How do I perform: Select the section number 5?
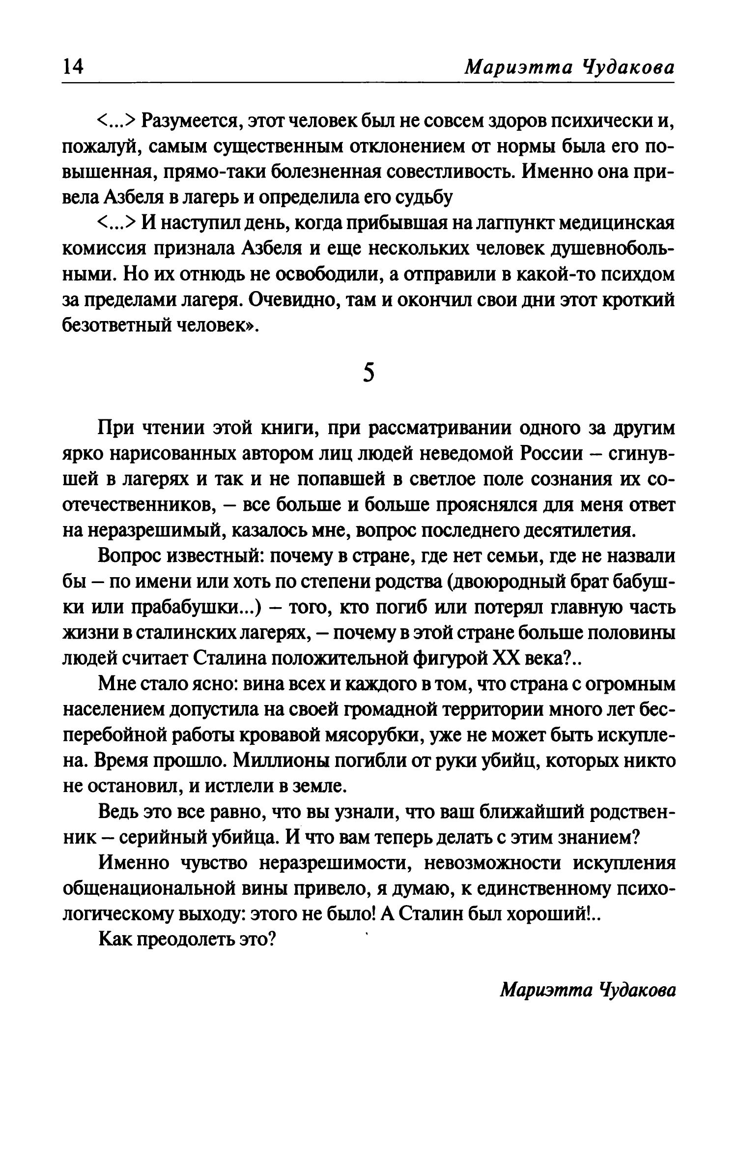pyautogui.click(x=368, y=373)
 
